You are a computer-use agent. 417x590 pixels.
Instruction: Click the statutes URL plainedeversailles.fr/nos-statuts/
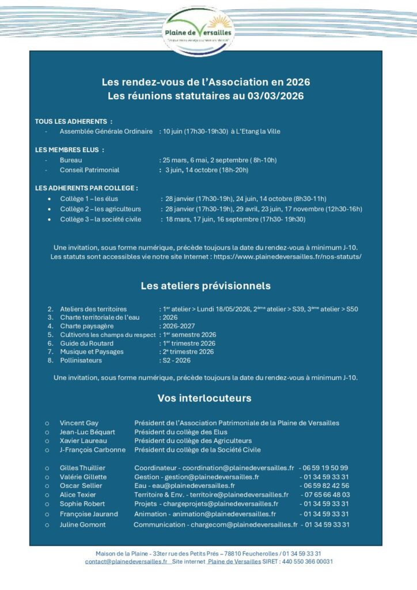point(287,256)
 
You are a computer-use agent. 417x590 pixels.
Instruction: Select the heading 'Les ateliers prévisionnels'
point(206,286)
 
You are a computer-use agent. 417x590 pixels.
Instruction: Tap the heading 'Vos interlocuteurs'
point(204,398)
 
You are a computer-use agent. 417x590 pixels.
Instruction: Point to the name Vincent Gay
point(79,423)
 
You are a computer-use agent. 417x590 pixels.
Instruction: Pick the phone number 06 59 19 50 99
point(325,468)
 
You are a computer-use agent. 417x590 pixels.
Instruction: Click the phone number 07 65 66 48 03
point(325,494)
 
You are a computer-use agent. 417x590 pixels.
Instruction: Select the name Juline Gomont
point(83,525)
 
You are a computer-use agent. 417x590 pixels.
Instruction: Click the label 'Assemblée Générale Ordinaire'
point(106,131)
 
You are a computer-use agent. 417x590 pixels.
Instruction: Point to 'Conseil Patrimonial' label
point(89,170)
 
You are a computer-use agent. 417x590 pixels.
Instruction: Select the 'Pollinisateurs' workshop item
point(81,360)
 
